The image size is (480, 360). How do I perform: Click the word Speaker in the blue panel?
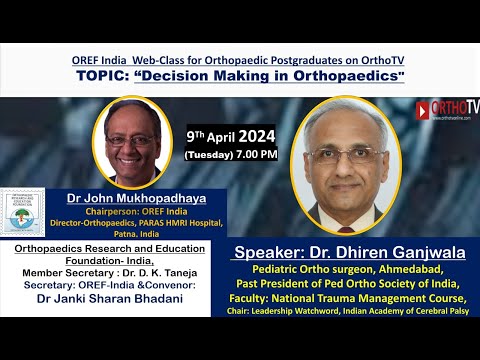click(267, 254)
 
